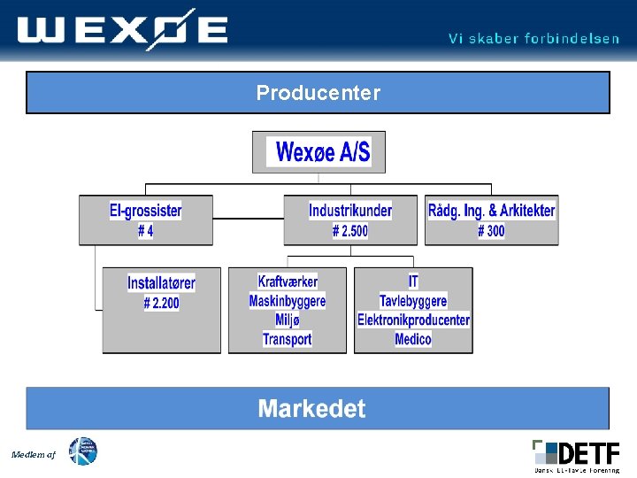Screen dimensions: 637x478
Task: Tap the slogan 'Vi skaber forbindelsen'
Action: click(x=533, y=39)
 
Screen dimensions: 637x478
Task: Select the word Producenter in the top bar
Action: click(x=318, y=93)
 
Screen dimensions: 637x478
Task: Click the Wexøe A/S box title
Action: click(x=323, y=152)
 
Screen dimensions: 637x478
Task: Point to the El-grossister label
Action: click(x=146, y=211)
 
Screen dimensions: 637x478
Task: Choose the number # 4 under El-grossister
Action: click(x=146, y=231)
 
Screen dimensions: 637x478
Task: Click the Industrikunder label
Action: click(x=350, y=211)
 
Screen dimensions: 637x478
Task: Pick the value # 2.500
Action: click(x=350, y=231)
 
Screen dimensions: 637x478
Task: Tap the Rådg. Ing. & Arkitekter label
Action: click(x=492, y=211)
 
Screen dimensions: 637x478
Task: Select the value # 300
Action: click(x=492, y=231)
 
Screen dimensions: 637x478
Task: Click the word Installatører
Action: click(x=161, y=283)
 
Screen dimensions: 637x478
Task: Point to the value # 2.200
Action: click(x=161, y=303)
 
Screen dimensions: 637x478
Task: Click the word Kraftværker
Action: click(x=288, y=281)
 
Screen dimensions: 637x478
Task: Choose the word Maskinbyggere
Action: click(x=288, y=301)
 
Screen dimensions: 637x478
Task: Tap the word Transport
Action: click(x=288, y=339)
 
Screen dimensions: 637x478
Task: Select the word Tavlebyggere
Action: click(x=413, y=301)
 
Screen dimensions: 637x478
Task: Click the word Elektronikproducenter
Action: click(x=413, y=320)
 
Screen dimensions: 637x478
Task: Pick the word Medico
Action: click(x=413, y=339)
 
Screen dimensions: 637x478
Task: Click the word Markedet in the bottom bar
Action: click(x=311, y=409)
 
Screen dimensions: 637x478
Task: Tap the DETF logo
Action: click(x=576, y=455)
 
